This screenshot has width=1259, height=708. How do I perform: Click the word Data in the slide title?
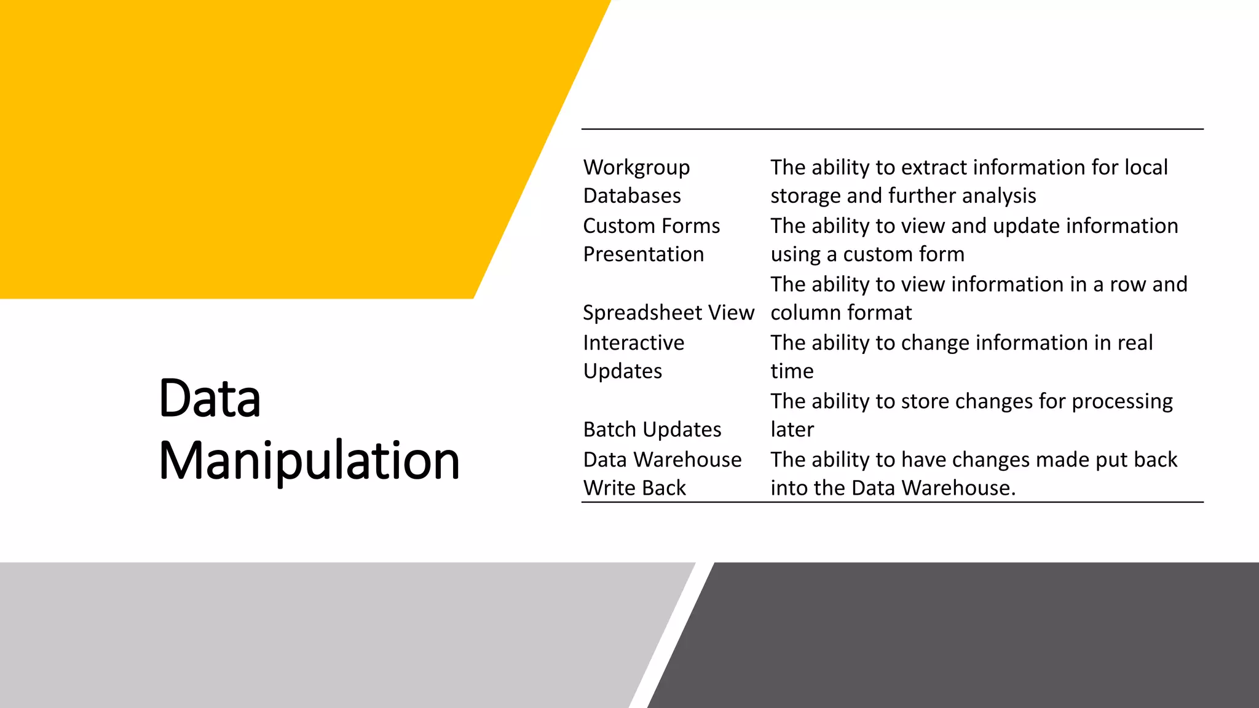click(x=210, y=398)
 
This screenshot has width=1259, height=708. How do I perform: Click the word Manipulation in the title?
click(x=309, y=461)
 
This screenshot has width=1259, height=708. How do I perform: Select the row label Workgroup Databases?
click(x=636, y=181)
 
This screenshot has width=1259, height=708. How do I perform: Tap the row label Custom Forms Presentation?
click(x=651, y=240)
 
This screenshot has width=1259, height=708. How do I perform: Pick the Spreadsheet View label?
click(x=668, y=313)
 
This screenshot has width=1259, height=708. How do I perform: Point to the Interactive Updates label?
click(x=633, y=356)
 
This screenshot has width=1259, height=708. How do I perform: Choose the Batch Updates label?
click(x=652, y=430)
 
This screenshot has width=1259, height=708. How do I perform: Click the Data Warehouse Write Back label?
click(x=662, y=473)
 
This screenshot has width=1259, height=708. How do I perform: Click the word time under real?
click(x=792, y=371)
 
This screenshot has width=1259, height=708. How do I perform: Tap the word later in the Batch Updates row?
click(x=792, y=430)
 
